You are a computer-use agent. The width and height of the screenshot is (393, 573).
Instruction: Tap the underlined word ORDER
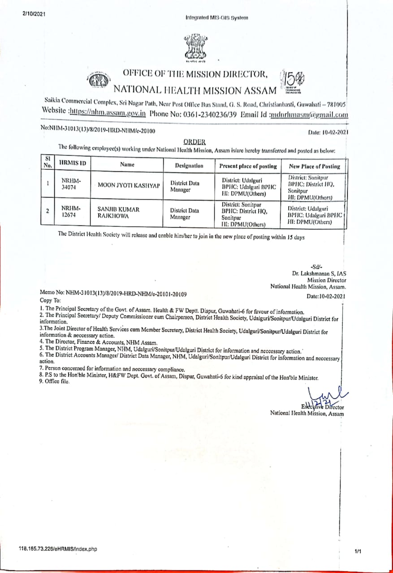pyautogui.click(x=192, y=142)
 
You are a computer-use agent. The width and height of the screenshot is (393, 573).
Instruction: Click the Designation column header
pyautogui.click(x=189, y=166)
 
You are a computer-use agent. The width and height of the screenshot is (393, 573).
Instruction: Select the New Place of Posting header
pyautogui.click(x=315, y=166)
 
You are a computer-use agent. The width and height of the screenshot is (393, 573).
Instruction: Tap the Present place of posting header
pyautogui.click(x=248, y=166)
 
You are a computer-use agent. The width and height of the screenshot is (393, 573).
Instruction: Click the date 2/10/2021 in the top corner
pyautogui.click(x=34, y=14)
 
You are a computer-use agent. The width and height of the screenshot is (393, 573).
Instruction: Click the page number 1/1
pyautogui.click(x=357, y=552)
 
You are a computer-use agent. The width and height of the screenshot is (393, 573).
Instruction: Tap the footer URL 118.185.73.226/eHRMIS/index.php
pyautogui.click(x=58, y=549)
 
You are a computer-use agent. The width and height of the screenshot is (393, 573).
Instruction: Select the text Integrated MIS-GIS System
pyautogui.click(x=216, y=18)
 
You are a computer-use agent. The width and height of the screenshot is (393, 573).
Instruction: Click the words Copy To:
pyautogui.click(x=50, y=300)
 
